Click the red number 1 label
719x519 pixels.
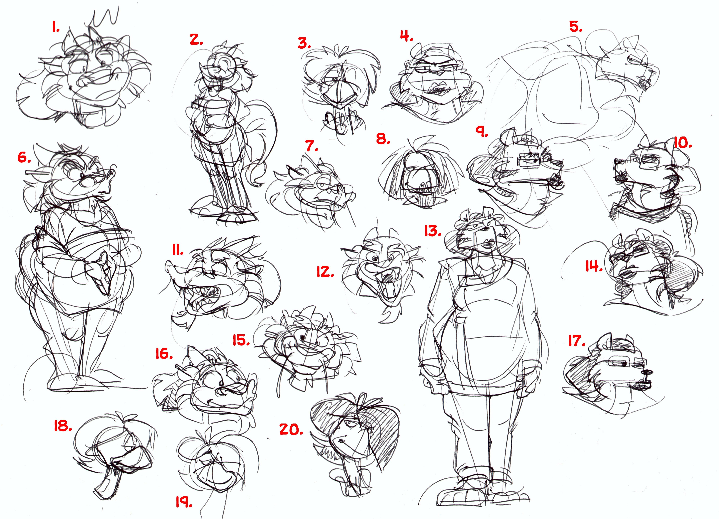(x=56, y=28)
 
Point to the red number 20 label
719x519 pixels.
(x=291, y=429)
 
